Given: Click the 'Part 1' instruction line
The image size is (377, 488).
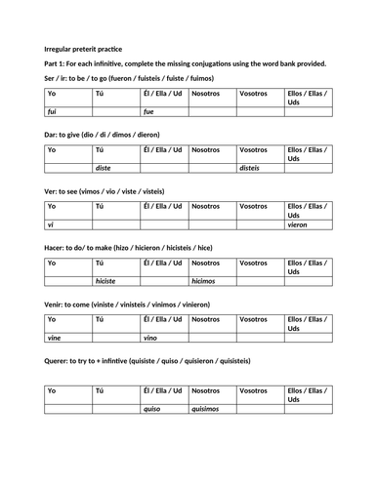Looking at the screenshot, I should coord(186,63).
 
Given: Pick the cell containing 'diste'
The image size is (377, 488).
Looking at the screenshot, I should coord(103,167).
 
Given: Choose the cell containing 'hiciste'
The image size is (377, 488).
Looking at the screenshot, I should coord(105,280).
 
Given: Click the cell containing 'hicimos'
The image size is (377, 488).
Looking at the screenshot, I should coord(204,280).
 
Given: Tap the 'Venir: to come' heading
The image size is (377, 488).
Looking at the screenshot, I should coord(138,304).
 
